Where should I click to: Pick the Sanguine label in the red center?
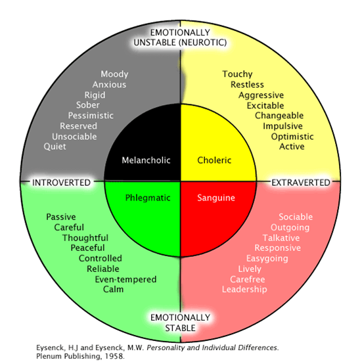(216, 197)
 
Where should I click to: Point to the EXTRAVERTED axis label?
(300, 181)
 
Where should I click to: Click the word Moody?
(114, 74)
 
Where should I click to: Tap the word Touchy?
(237, 74)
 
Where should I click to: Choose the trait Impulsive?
(283, 126)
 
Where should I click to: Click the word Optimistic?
(292, 137)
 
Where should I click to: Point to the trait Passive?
(61, 217)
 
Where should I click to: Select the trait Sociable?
(296, 217)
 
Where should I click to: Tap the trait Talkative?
(281, 237)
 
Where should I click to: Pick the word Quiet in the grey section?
(55, 147)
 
